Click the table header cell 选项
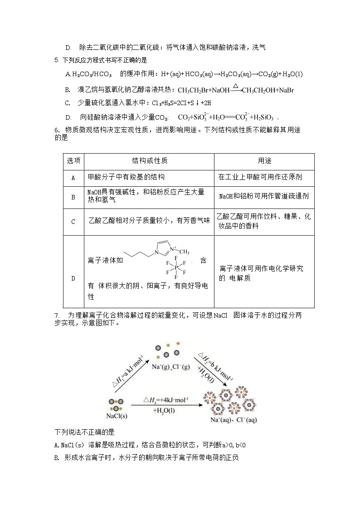pos(73,161)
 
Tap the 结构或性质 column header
pos(150,161)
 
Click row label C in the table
pos(73,222)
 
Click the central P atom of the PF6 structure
pos(176,267)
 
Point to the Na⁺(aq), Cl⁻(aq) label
pos(234,420)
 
